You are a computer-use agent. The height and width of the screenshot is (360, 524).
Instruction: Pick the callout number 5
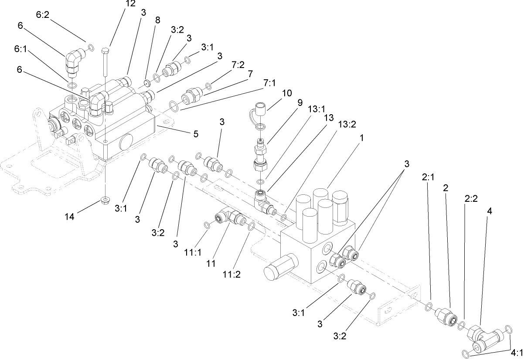click(196, 134)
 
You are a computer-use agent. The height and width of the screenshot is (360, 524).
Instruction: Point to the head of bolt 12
click(105, 51)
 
